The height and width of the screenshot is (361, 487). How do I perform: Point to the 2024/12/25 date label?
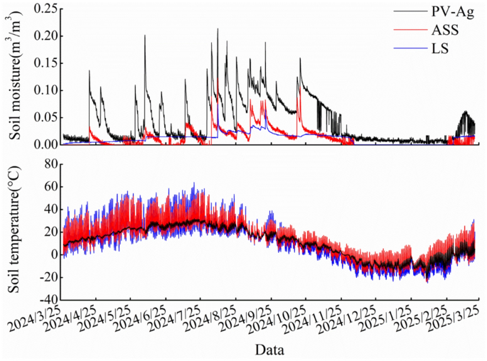358,325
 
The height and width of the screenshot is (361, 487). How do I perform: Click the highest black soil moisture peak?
218,29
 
